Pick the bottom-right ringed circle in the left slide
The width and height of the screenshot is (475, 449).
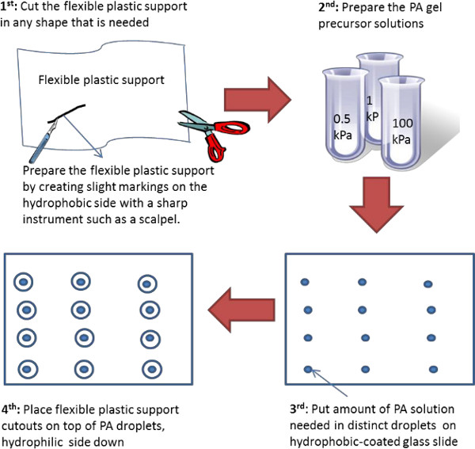point(149,368)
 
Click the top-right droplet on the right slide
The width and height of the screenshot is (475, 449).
point(427,283)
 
